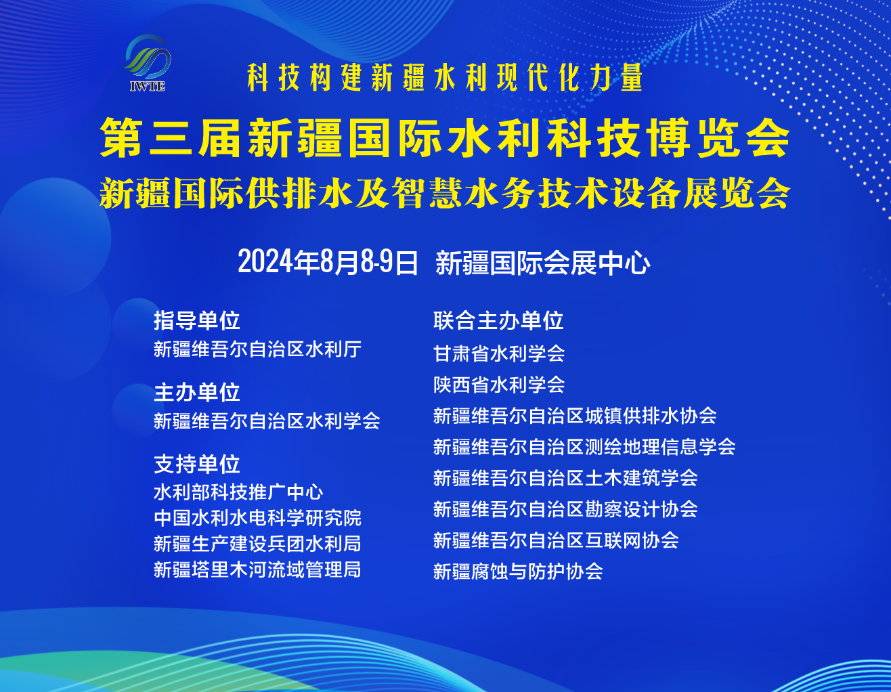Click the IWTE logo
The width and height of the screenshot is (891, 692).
point(148,63)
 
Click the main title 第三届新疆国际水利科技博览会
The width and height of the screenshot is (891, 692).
point(445,138)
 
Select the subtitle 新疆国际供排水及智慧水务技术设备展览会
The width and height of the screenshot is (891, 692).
point(445,194)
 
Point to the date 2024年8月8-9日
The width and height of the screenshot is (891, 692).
point(328,262)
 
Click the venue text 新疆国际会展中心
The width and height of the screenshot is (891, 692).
point(543,263)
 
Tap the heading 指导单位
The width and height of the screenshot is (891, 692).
point(196,320)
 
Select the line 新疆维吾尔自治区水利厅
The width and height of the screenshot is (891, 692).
point(257,349)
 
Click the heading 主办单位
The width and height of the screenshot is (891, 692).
point(196,392)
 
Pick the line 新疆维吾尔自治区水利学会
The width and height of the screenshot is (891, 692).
point(267,421)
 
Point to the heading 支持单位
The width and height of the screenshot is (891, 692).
point(196,464)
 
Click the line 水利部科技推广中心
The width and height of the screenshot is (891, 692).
point(238,492)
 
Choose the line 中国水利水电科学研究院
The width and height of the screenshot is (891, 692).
point(257,518)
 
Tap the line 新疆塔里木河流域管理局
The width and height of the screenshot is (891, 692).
point(257,569)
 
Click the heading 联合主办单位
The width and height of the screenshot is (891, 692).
point(498,320)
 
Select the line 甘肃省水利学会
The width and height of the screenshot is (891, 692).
point(499,353)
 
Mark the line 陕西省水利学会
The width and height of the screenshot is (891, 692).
point(499,385)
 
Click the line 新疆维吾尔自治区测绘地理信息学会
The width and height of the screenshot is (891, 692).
point(584,447)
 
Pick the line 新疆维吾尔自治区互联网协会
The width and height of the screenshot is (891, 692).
point(556,540)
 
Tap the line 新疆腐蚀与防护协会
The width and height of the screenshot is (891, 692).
point(518,571)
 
